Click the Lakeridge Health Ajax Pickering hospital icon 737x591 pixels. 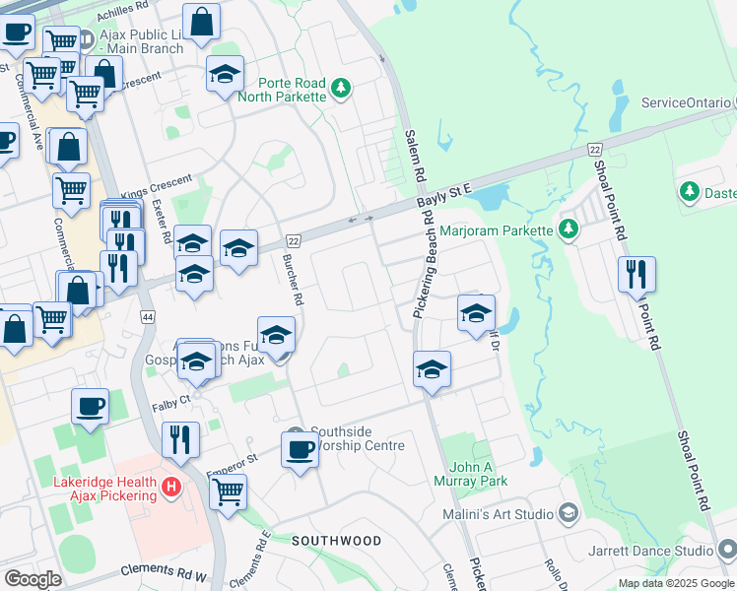pos(172,486)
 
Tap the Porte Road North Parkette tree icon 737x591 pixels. pos(341,89)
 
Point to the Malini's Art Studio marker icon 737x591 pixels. pos(568,512)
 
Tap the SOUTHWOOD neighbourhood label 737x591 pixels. pos(336,541)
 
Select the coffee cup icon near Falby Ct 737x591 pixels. pos(90,405)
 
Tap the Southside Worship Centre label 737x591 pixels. pos(358,438)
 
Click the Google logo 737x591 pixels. pos(33,578)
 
